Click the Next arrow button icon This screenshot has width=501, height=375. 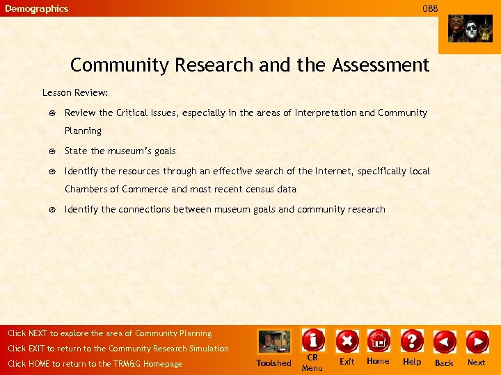coord(477,342)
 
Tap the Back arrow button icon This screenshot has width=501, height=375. coord(445,342)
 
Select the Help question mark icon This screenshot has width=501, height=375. coord(412,341)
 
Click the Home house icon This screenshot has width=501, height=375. coord(379,341)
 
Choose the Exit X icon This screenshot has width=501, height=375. coord(347,341)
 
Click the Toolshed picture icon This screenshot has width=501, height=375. coord(274,342)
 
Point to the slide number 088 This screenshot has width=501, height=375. coord(431,8)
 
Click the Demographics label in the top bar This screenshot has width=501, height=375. coord(37,8)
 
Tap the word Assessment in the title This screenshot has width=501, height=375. coord(381,65)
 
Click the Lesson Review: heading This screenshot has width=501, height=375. coord(75,92)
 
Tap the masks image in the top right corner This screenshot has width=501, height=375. coord(470,28)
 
